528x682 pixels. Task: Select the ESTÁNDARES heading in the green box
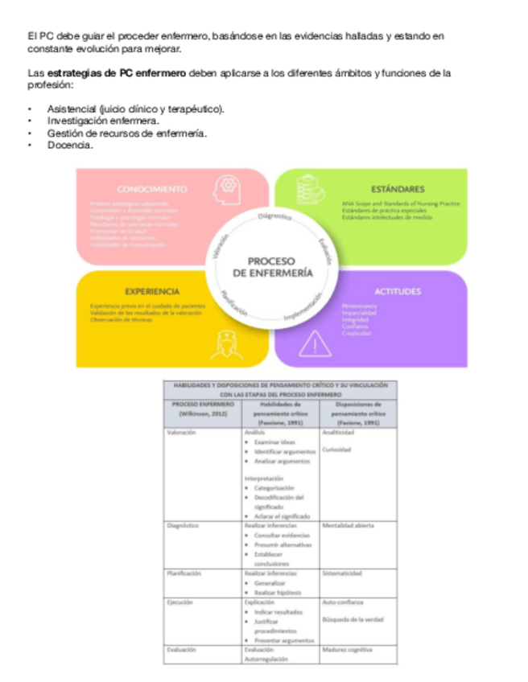click(x=398, y=189)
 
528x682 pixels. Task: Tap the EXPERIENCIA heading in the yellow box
click(x=153, y=291)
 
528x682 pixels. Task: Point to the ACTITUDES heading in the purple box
click(x=397, y=291)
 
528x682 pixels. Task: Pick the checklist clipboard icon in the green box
click(x=312, y=192)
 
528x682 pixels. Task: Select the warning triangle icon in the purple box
click(x=315, y=344)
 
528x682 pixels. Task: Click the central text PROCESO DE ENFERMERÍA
click(x=271, y=267)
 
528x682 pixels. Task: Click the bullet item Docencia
click(x=71, y=146)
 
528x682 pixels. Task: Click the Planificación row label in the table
click(x=184, y=573)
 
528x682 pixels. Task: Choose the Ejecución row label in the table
click(x=180, y=602)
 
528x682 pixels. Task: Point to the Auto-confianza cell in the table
click(x=343, y=602)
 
